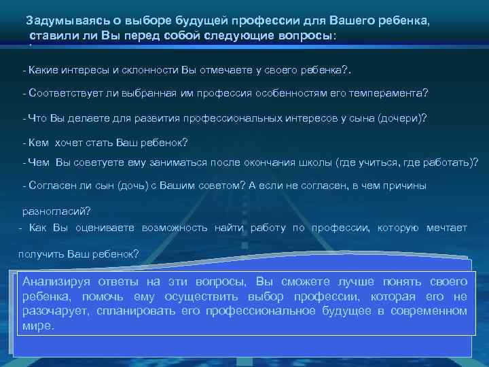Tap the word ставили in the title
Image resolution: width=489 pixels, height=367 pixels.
pyautogui.click(x=53, y=35)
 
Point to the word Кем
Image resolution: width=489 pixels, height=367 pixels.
pyautogui.click(x=38, y=142)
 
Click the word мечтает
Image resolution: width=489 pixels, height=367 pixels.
pyautogui.click(x=446, y=228)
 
